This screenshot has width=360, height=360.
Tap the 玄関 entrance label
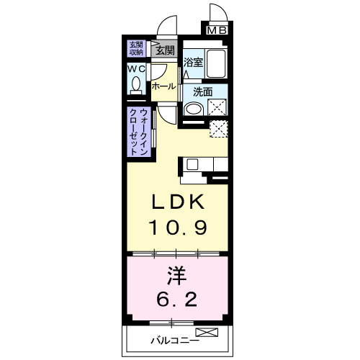point(165,50)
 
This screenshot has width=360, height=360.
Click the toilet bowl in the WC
point(137,86)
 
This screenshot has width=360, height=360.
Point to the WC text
point(137,69)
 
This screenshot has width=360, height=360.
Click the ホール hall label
point(163,86)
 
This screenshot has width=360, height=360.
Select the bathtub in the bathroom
point(216,63)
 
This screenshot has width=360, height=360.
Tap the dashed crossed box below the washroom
point(219,130)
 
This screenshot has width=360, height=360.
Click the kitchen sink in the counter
point(192,164)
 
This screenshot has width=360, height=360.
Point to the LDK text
point(179,202)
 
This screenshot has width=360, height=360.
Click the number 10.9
point(179,228)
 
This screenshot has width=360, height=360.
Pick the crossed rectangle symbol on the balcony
point(207,333)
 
